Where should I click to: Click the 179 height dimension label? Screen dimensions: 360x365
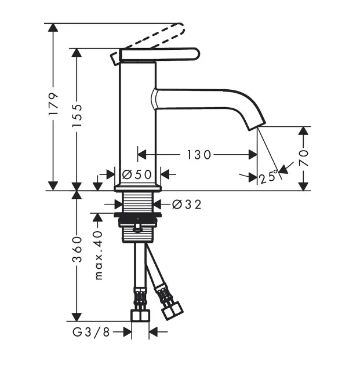(53, 104)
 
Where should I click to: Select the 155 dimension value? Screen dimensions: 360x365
(77, 115)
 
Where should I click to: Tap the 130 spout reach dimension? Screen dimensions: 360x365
(199, 155)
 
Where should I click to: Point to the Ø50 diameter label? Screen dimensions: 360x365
(137, 174)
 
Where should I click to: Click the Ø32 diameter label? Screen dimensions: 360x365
(187, 205)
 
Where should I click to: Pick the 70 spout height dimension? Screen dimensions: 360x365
(303, 158)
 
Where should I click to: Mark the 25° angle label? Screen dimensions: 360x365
(269, 177)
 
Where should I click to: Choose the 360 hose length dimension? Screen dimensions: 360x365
(77, 249)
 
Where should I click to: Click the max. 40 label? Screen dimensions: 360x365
(99, 255)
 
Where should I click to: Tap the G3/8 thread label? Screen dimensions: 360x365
(91, 332)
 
